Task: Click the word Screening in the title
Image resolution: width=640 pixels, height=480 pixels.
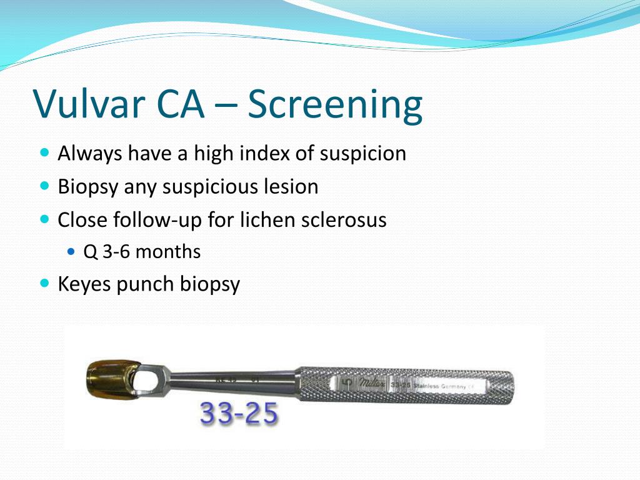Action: coord(335,104)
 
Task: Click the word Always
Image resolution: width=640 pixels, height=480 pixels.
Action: coord(90,153)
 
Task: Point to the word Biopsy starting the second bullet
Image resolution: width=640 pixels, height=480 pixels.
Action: coord(88,187)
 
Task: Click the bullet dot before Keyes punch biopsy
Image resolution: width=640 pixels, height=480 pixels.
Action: coord(44,283)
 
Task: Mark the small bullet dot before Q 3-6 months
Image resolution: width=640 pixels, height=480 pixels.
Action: coord(71,252)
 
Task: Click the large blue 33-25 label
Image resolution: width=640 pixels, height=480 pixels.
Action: coord(239,414)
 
